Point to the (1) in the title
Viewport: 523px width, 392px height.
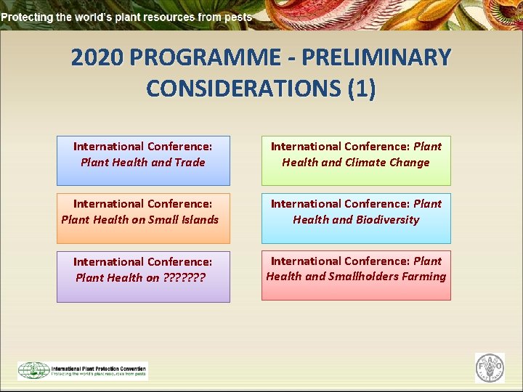(362, 89)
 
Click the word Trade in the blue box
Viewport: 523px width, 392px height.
(190, 163)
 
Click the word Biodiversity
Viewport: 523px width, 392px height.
(386, 219)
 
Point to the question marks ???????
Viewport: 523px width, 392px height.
(185, 277)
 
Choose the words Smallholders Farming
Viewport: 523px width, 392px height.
(388, 277)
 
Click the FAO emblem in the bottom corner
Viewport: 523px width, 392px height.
(489, 367)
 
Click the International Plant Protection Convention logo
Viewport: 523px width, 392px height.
(82, 370)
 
